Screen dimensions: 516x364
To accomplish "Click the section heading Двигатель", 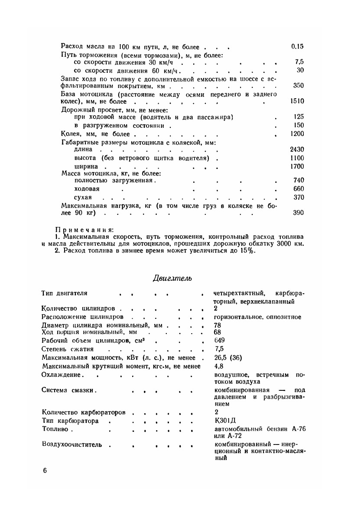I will [x=172, y=278].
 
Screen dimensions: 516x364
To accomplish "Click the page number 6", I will [x=45, y=471].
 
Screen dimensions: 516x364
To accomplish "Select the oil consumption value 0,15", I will [x=298, y=46].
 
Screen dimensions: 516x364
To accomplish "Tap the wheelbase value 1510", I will [x=297, y=101].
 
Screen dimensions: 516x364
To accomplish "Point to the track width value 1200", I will [x=297, y=133].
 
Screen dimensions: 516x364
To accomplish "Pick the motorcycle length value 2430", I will [x=297, y=149].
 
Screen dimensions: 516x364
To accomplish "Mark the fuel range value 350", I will [x=299, y=86].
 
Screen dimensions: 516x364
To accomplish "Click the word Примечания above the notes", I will [x=84, y=229].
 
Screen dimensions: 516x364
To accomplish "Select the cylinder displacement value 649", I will [x=219, y=340].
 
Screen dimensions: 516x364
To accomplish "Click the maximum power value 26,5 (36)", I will [x=228, y=357].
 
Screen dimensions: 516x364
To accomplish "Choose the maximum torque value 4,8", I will [x=218, y=366].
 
